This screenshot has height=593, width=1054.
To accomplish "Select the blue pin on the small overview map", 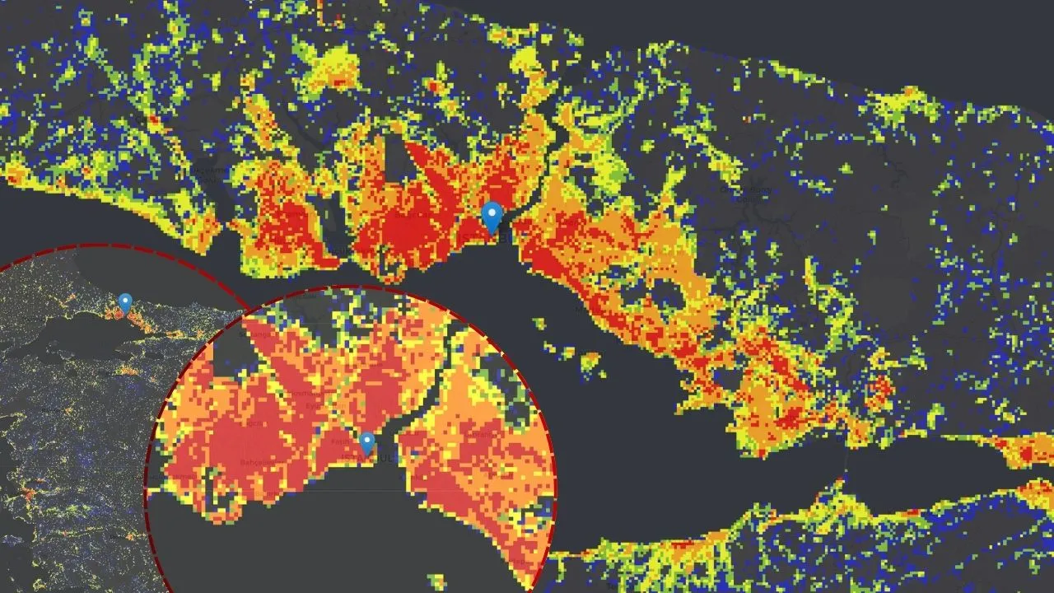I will click(125, 303).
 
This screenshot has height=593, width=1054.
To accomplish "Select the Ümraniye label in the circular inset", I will click(486, 435).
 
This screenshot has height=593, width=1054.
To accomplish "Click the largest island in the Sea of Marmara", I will click(590, 361).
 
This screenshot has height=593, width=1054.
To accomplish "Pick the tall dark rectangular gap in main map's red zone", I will click(396, 156).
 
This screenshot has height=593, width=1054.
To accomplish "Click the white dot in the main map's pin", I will click(492, 213).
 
